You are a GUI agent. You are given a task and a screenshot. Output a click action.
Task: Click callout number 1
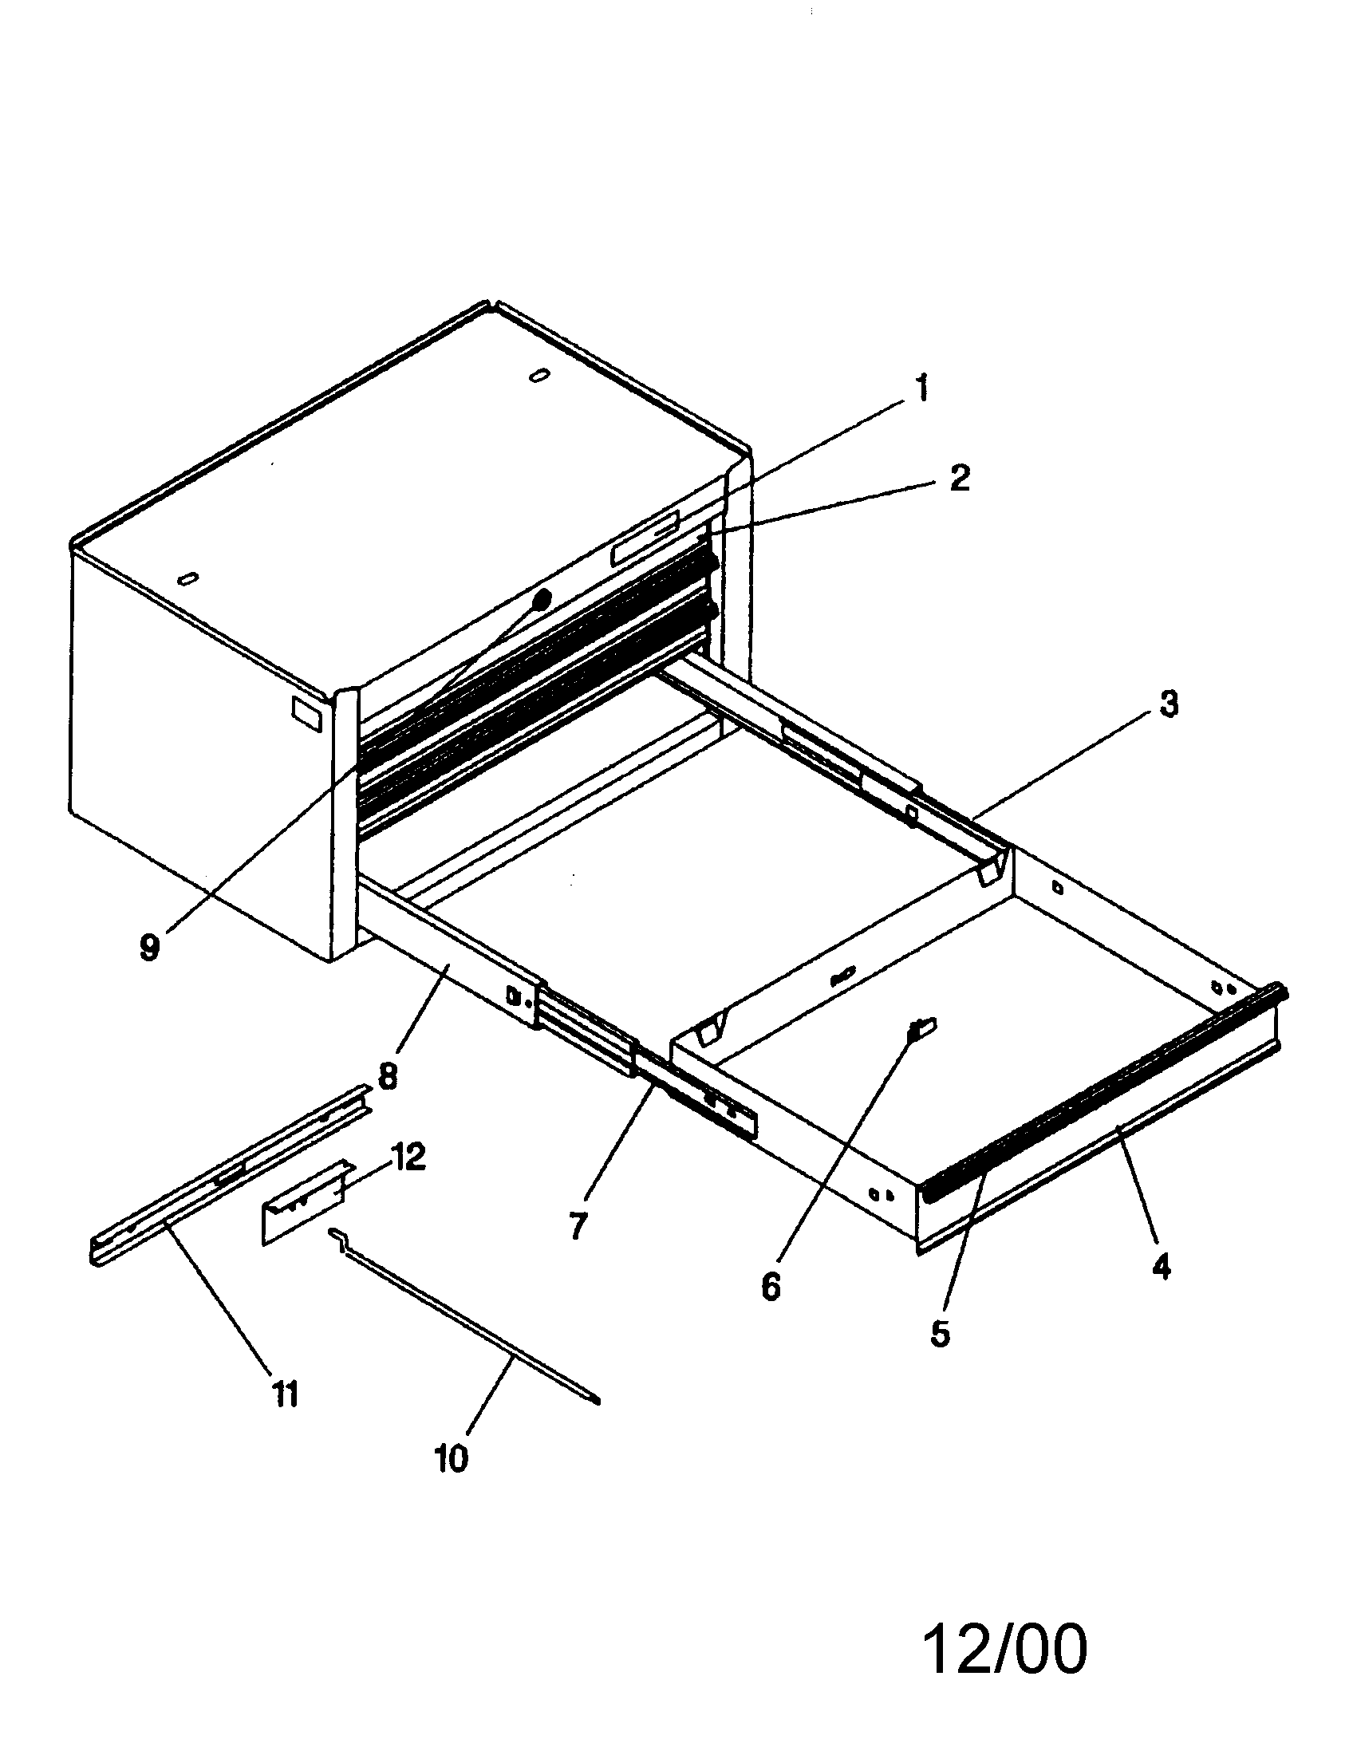click(921, 389)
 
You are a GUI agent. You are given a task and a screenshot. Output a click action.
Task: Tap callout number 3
click(1167, 704)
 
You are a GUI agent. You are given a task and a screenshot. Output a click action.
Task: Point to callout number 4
click(1161, 1268)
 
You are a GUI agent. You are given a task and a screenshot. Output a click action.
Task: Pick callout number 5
click(940, 1333)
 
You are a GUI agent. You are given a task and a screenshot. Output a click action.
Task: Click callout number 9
click(149, 947)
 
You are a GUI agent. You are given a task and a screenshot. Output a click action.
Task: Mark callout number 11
click(285, 1394)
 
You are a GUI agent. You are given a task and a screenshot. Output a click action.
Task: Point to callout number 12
click(408, 1158)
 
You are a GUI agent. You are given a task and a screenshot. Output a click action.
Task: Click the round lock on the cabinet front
click(543, 597)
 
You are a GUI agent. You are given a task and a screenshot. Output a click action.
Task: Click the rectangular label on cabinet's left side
click(306, 714)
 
